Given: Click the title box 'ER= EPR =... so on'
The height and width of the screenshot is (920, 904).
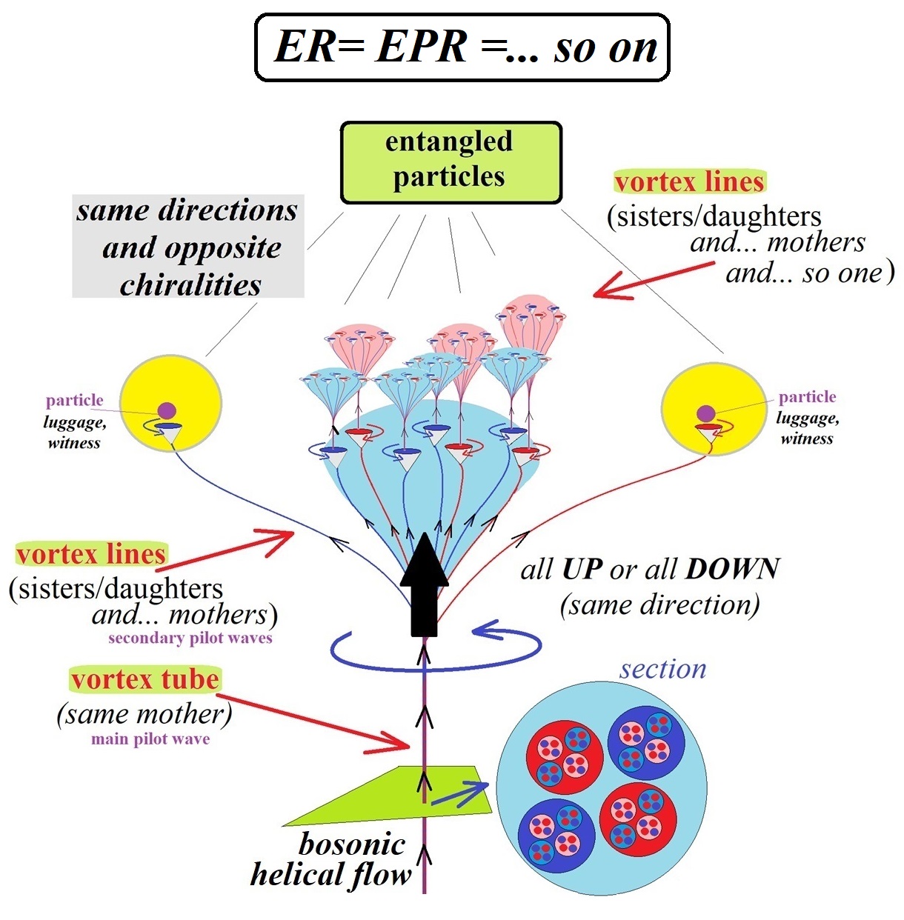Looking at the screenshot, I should tap(462, 47).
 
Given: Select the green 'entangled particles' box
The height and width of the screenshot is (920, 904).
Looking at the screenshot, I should tap(451, 162).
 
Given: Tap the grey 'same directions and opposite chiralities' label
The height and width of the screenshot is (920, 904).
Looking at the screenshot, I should tap(188, 247).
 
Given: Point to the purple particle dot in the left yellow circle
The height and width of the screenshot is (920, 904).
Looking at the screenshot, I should tap(167, 410).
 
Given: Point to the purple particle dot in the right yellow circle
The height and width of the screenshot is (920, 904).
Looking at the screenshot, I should tap(705, 413).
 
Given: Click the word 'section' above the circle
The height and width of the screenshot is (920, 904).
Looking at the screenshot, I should tap(662, 669).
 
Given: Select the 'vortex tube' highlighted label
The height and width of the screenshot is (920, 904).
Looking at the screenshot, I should tap(144, 679).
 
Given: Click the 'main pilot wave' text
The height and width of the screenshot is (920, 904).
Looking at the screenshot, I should tap(150, 739).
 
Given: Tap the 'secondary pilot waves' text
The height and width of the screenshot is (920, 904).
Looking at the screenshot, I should tap(190, 638).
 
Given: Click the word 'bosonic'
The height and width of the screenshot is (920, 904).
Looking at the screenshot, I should tap(352, 844).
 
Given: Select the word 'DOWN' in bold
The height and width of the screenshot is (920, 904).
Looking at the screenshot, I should tap(732, 569).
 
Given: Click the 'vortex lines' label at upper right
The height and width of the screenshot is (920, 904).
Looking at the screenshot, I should tap(689, 181).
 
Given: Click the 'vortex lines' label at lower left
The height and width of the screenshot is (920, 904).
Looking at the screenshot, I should tap(91, 554).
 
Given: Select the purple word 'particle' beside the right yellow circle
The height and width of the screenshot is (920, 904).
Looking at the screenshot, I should tap(807, 397).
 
